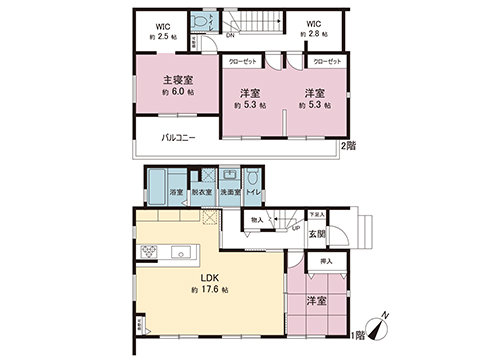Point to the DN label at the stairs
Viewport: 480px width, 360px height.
[x=230, y=37]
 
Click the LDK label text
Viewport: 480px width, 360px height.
[x=209, y=276]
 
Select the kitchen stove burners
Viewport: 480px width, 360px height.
[x=150, y=251]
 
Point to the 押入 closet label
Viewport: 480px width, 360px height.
[x=326, y=261]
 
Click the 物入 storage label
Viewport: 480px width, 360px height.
[x=257, y=219]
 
